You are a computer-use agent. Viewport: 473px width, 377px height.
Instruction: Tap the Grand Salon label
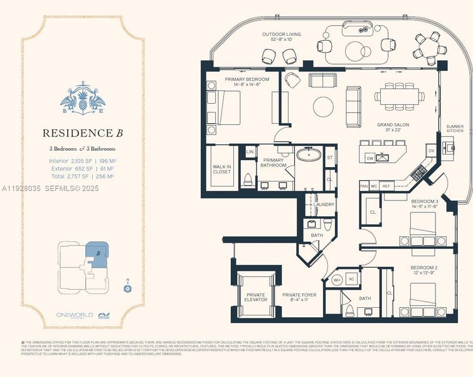(x=393, y=128)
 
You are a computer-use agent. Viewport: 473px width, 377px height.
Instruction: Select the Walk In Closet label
(x=222, y=168)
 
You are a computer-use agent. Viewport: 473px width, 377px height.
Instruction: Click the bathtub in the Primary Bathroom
(x=308, y=155)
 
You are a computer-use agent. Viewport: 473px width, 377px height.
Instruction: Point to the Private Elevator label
(x=255, y=297)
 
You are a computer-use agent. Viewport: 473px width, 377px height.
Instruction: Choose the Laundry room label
(x=324, y=204)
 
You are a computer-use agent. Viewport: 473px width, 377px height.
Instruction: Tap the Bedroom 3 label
(x=424, y=204)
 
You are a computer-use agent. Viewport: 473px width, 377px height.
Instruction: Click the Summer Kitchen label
(x=455, y=129)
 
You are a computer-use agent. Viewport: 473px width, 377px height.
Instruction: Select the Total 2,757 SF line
(x=82, y=177)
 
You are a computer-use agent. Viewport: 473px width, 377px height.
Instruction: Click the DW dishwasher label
(x=371, y=158)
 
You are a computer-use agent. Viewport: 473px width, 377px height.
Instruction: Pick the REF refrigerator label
(x=386, y=187)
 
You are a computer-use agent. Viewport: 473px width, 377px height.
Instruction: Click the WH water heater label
(x=336, y=280)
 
